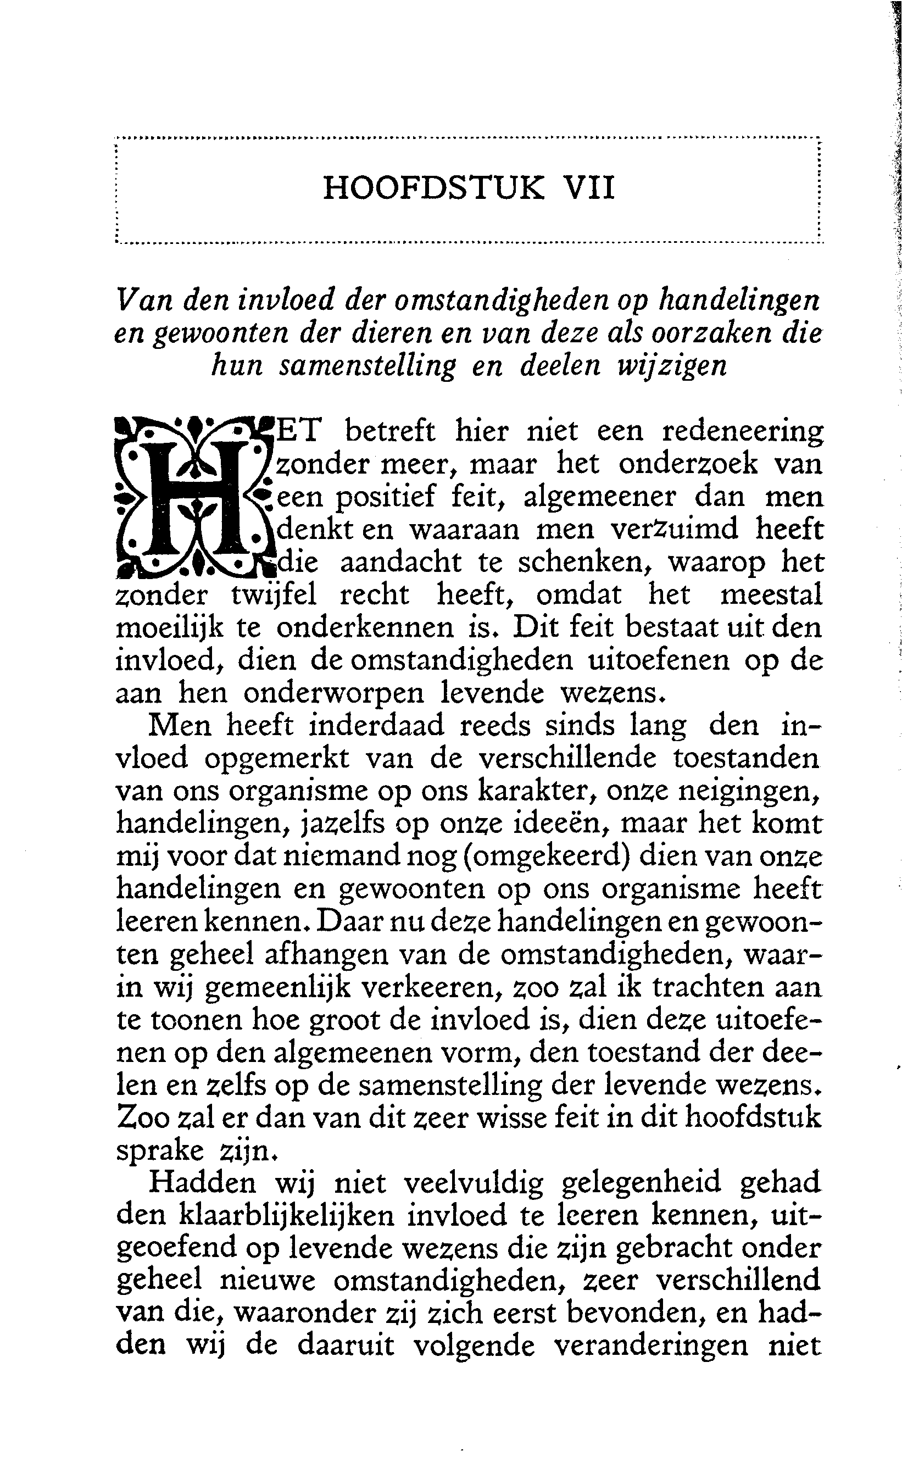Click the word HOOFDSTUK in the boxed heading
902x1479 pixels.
(x=434, y=188)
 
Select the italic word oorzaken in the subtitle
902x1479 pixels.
(x=692, y=332)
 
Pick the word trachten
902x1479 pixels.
(x=706, y=987)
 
